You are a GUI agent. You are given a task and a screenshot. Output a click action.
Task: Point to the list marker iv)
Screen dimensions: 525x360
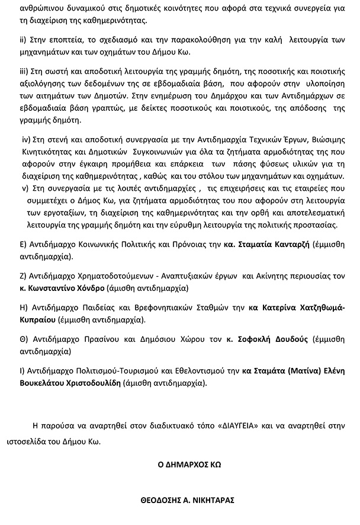coord(26,139)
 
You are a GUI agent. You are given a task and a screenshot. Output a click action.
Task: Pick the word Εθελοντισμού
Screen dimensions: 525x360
coord(197,371)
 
